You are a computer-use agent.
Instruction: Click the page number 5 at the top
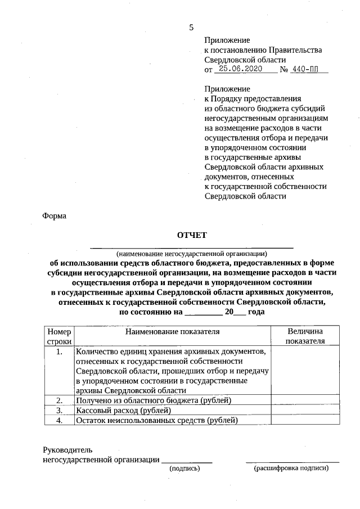(191, 28)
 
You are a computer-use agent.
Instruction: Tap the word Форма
(55, 216)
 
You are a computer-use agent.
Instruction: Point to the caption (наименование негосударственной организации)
(192, 253)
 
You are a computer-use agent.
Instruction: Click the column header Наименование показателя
(172, 332)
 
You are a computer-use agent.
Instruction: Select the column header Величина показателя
(305, 336)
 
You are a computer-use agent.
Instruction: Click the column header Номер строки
(58, 336)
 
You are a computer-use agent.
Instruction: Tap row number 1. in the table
(58, 352)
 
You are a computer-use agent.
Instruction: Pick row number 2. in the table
(58, 400)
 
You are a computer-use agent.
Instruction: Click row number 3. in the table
(58, 410)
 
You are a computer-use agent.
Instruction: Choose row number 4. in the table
(58, 420)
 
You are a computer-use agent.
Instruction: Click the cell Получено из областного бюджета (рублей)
(154, 400)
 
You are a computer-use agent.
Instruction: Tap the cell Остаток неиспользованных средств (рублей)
(157, 420)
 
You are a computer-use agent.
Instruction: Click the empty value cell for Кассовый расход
(305, 410)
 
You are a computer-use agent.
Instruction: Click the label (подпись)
(185, 468)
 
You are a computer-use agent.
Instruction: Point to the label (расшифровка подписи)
(291, 468)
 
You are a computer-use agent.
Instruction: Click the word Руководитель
(67, 450)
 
